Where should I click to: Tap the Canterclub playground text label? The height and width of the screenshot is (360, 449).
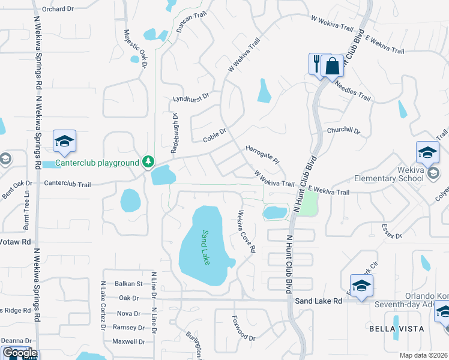(97, 163)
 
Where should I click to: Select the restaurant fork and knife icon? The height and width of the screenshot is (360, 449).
(317, 62)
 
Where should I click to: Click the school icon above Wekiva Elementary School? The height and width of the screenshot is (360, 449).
(428, 152)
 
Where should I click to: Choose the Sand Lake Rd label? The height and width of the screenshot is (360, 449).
(318, 300)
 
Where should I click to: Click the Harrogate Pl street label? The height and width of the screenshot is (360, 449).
(263, 154)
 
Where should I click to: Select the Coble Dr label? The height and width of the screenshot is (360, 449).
(214, 135)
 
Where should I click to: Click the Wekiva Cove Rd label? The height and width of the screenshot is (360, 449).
(246, 231)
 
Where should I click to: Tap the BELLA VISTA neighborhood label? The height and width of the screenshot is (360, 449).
(396, 329)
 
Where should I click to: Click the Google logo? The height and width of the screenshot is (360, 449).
(19, 353)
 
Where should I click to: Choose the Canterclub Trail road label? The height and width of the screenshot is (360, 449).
(67, 184)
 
